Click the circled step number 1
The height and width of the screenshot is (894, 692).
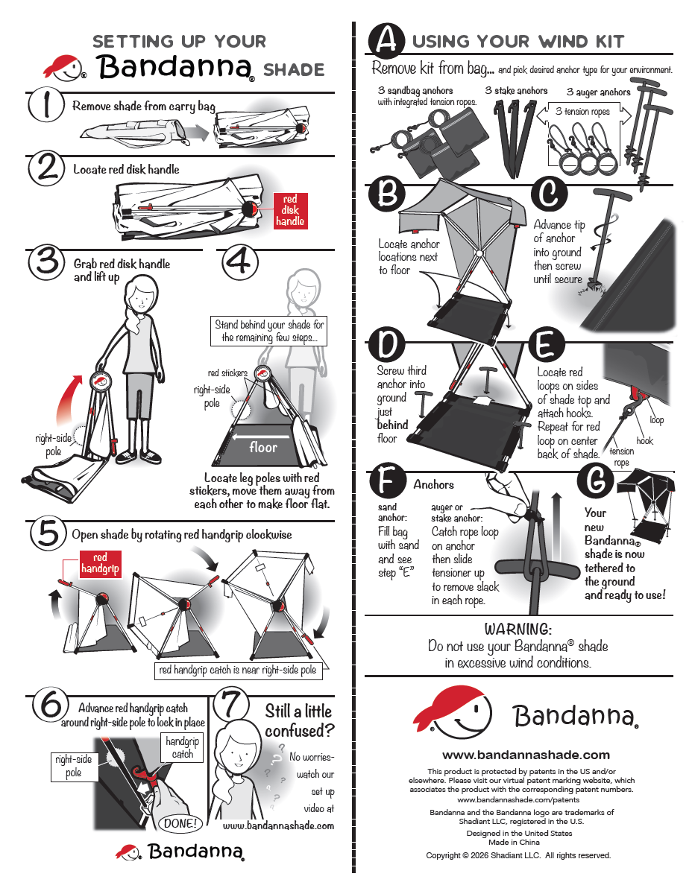(x=46, y=104)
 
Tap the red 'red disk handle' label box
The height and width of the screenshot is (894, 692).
(x=290, y=210)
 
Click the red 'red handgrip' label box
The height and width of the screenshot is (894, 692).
(x=100, y=563)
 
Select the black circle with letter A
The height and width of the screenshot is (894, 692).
(x=386, y=39)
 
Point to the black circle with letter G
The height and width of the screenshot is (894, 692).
(x=595, y=480)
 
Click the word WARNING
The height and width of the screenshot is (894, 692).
(x=518, y=628)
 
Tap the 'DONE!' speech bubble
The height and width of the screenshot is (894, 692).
(x=180, y=822)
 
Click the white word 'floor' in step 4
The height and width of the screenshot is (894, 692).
(x=263, y=447)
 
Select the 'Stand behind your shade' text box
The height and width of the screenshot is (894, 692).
(x=268, y=331)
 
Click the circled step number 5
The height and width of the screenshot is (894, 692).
(x=48, y=533)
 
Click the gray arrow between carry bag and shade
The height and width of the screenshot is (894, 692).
(x=196, y=133)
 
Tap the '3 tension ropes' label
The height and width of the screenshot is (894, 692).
(x=582, y=111)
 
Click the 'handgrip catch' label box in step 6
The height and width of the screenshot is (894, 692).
(x=182, y=747)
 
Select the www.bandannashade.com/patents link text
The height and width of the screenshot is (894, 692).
(x=518, y=799)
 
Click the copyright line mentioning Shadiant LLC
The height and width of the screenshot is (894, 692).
(x=518, y=855)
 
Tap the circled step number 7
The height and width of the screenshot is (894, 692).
(x=231, y=704)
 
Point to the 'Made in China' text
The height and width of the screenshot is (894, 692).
(x=514, y=842)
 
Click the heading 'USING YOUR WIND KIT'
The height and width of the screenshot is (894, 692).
(x=518, y=41)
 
